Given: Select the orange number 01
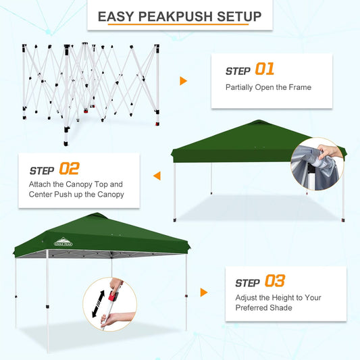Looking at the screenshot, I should tap(265, 70).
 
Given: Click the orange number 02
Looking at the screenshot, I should tap(69, 169).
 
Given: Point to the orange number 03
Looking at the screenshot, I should tap(275, 282).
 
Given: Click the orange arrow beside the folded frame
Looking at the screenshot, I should tap(183, 81).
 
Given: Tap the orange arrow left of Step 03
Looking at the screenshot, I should tap(204, 292).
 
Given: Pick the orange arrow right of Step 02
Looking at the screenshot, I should tap(157, 176).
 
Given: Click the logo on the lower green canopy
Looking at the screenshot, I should tap(66, 241).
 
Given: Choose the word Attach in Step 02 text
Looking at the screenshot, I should tap(41, 184).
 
